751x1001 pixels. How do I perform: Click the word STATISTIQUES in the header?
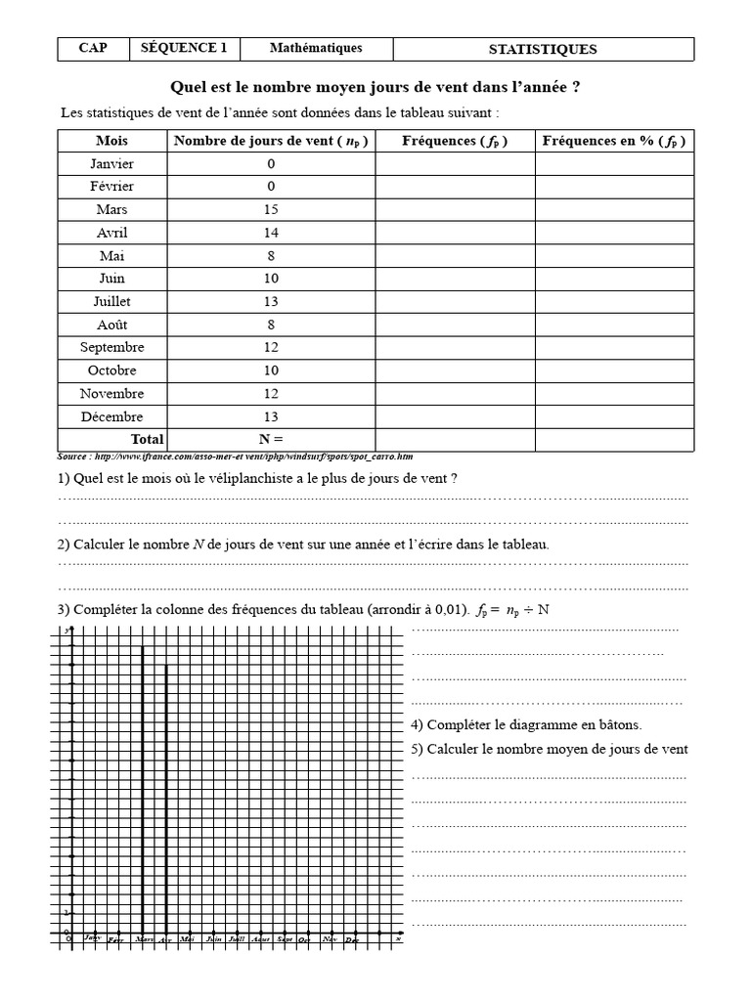543,49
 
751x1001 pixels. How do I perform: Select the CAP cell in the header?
93,48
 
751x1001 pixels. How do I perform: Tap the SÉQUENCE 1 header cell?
184,48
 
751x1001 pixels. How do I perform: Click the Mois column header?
112,141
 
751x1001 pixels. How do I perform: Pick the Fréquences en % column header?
614,141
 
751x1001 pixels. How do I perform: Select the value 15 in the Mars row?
271,209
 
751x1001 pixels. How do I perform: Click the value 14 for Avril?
271,233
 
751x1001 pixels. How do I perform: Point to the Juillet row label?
112,301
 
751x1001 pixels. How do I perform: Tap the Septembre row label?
112,347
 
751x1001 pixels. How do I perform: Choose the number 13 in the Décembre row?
271,416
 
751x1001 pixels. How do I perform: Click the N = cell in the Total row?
271,439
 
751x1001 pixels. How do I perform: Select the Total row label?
148,439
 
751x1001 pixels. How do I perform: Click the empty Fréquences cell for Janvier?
455,164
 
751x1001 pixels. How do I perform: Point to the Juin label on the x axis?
213,939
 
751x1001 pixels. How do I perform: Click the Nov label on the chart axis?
330,939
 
